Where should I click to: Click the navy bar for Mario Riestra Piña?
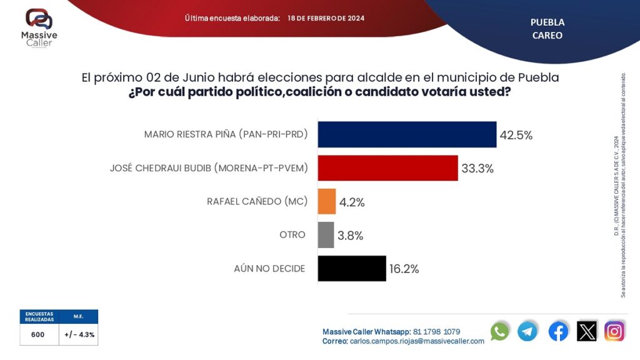[x=407, y=134]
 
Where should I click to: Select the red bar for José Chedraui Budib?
[x=387, y=168]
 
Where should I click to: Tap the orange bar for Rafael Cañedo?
[x=327, y=202]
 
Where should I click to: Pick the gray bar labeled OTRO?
[x=326, y=235]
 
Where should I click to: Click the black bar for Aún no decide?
[x=352, y=268]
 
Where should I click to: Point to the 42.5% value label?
[x=516, y=135]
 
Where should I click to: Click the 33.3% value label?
[x=477, y=169]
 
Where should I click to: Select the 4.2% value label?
[x=352, y=202]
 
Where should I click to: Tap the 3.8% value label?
[x=350, y=236]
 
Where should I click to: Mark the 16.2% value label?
[x=403, y=269]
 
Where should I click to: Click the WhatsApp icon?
[x=500, y=331]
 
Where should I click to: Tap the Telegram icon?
[x=527, y=331]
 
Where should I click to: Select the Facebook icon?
[x=558, y=331]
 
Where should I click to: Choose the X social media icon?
[x=587, y=331]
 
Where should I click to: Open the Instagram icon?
[x=614, y=331]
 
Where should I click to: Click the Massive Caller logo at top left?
[x=39, y=29]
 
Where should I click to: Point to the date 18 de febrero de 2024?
[x=326, y=18]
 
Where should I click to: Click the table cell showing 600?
[x=38, y=334]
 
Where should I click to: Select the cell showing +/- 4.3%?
[x=79, y=334]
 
